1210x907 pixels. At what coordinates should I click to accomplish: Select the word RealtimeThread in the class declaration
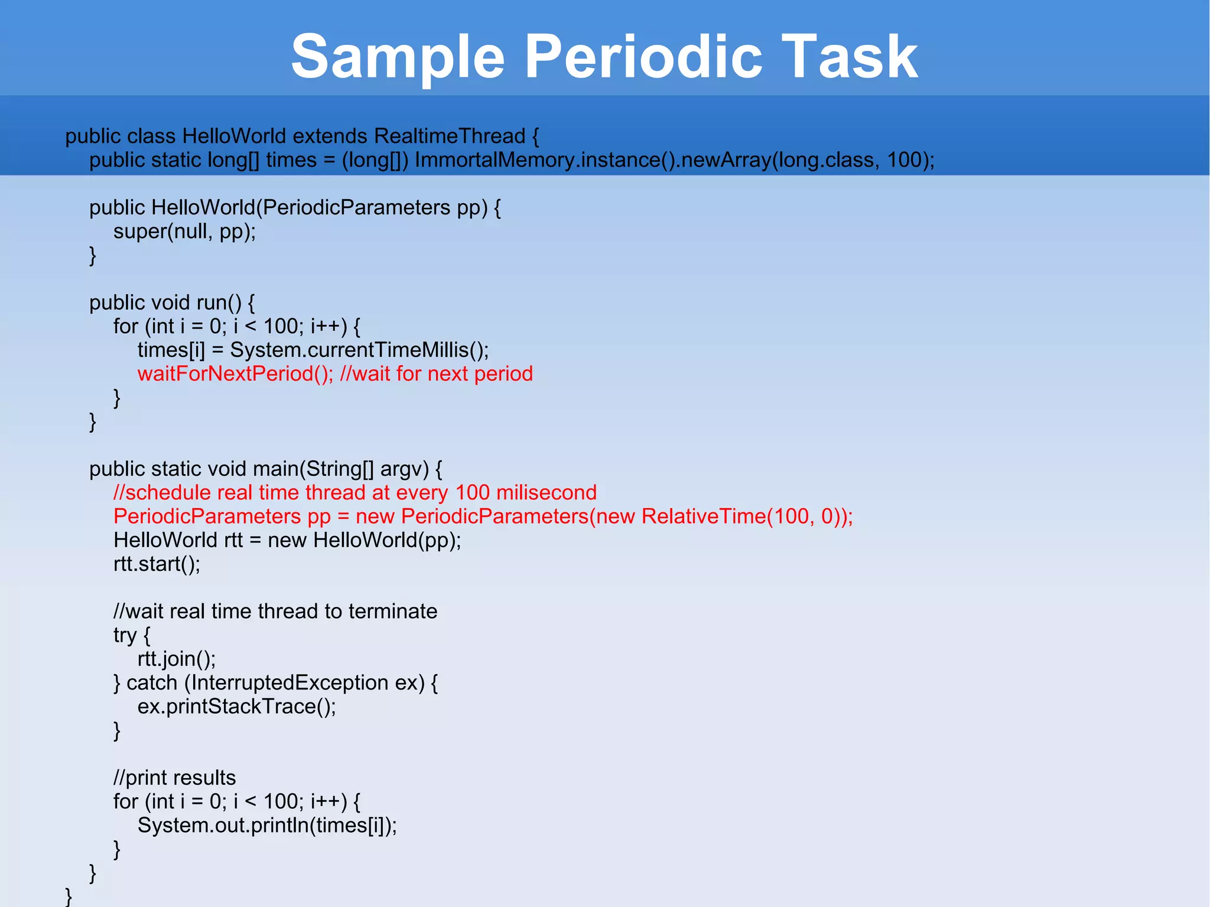(x=449, y=136)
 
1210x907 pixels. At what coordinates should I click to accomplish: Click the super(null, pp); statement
(x=184, y=232)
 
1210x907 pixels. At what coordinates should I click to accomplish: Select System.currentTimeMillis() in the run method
(x=359, y=350)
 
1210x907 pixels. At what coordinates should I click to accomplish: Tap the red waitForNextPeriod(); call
(x=235, y=374)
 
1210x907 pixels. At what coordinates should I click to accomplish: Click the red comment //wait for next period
(x=437, y=374)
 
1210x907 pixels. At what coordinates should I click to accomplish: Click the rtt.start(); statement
(x=157, y=564)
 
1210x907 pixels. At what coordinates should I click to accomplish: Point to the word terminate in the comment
(x=392, y=612)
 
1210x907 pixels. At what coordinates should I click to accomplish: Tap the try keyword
(x=125, y=636)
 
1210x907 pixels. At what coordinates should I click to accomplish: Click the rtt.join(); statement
(x=177, y=659)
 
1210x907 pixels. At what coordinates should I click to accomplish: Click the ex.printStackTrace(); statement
(x=236, y=707)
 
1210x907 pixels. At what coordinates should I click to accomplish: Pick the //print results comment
(x=174, y=778)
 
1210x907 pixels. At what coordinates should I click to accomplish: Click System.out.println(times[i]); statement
(x=267, y=825)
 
